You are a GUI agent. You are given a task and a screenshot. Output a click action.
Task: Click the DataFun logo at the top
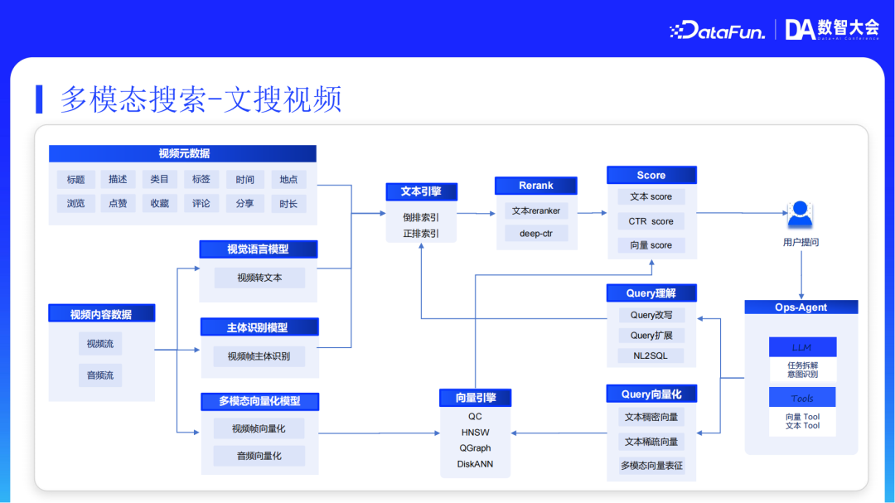tap(717, 31)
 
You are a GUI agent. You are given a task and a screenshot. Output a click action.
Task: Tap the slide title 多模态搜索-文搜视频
tap(201, 99)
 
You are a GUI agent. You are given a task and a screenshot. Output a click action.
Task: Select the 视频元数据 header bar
tap(183, 153)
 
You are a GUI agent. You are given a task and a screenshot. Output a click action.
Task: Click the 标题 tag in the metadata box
tap(76, 179)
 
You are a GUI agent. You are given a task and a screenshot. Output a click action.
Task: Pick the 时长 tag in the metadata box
tap(288, 203)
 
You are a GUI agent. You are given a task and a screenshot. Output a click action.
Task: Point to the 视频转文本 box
tap(259, 278)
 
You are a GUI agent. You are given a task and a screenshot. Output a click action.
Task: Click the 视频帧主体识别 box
tap(259, 356)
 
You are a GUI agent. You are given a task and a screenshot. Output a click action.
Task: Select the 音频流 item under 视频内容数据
tap(100, 375)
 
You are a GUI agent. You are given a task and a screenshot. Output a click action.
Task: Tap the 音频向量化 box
tap(259, 456)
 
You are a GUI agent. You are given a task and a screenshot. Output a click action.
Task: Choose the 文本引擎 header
tap(421, 191)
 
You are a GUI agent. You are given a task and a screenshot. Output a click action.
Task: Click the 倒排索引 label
tap(421, 217)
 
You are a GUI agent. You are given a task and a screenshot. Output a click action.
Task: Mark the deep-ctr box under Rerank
tap(536, 234)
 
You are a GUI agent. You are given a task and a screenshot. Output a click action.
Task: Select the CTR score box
tap(651, 221)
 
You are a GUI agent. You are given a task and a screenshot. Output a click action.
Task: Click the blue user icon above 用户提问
tap(800, 215)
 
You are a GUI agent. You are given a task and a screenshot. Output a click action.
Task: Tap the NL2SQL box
tap(651, 355)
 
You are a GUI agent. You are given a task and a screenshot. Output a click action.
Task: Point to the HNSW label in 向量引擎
tap(475, 433)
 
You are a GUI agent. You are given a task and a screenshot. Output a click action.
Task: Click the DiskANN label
tap(475, 464)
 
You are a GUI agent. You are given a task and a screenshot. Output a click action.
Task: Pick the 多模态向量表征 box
tap(651, 466)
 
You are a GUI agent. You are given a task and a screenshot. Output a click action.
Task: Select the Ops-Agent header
tap(801, 307)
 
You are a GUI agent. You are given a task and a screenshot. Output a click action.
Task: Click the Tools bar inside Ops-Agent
tap(802, 399)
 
